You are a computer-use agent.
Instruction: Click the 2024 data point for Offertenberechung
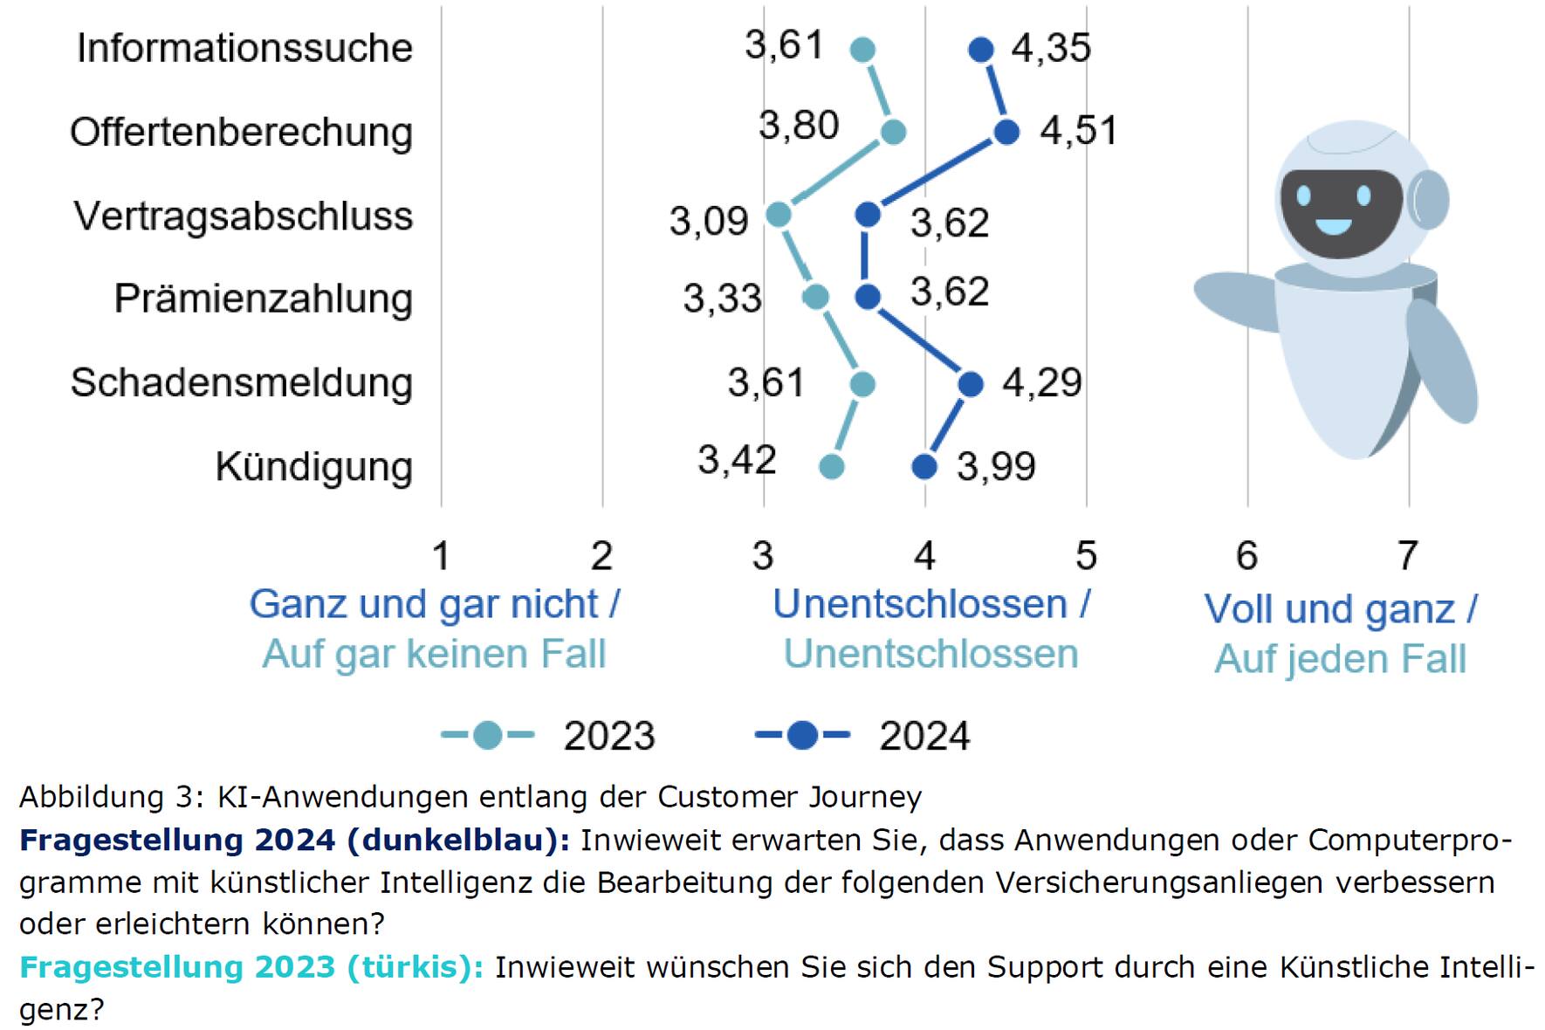(x=1006, y=133)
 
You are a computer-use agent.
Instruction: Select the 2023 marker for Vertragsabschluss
(x=778, y=215)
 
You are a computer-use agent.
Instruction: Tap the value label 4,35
(x=1051, y=48)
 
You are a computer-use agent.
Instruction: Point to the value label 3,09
(x=709, y=221)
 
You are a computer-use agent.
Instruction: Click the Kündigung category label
(x=314, y=467)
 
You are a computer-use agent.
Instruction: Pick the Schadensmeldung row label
(x=242, y=383)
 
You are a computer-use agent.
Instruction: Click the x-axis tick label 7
(x=1407, y=555)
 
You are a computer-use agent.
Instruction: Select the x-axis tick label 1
(x=441, y=555)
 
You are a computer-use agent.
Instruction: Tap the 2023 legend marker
(x=488, y=736)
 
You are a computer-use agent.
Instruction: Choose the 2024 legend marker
(x=802, y=736)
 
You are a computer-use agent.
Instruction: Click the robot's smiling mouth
(x=1333, y=229)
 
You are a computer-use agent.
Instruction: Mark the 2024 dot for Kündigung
(x=924, y=467)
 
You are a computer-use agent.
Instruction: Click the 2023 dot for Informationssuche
(x=862, y=50)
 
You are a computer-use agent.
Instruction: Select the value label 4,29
(x=1042, y=382)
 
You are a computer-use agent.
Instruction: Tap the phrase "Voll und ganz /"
(x=1340, y=609)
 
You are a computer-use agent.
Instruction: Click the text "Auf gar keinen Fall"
(x=434, y=654)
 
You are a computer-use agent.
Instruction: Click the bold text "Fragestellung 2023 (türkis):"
(x=251, y=967)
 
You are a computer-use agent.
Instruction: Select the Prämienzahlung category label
(x=264, y=299)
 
